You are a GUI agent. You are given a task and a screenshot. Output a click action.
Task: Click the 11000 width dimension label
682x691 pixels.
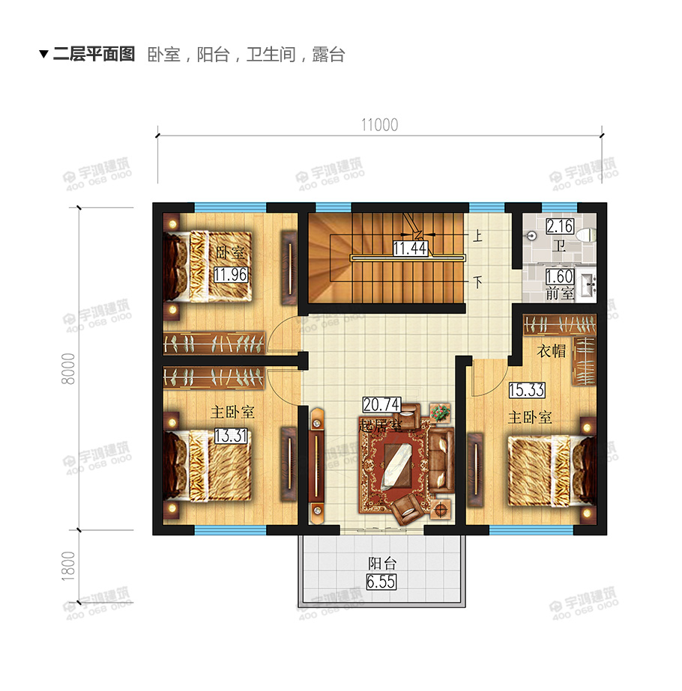(x=379, y=125)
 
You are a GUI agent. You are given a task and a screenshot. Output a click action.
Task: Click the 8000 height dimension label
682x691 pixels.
(x=68, y=368)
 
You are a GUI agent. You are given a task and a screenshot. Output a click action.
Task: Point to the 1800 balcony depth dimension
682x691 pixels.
(x=68, y=566)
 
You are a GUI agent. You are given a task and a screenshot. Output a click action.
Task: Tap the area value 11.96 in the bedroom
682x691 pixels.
(x=230, y=274)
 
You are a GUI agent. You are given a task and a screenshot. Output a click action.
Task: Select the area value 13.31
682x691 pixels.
(x=230, y=435)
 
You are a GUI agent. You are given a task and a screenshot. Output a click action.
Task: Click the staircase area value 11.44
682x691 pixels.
(x=410, y=248)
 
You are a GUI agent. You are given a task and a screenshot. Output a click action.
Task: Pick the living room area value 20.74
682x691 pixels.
(x=380, y=405)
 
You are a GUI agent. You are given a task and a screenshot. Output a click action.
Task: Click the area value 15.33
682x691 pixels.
(x=526, y=390)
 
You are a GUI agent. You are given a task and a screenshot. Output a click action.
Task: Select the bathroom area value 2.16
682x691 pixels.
(x=559, y=227)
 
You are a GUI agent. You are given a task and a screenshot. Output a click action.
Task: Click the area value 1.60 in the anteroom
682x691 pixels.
(x=559, y=276)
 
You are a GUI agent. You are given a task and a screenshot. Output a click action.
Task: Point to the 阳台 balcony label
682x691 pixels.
(x=381, y=564)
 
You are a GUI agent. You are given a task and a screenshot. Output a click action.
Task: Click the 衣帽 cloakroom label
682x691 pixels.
(x=552, y=350)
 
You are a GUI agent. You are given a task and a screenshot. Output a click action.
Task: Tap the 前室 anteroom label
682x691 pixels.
(x=559, y=293)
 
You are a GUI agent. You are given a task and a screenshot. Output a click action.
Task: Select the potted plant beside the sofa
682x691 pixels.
(x=440, y=411)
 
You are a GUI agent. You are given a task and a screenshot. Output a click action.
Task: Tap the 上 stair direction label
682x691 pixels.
(x=477, y=235)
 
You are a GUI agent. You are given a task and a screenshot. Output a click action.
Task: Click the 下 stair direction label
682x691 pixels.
(x=477, y=282)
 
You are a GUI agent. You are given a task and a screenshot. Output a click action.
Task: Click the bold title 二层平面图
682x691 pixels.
(x=93, y=55)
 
